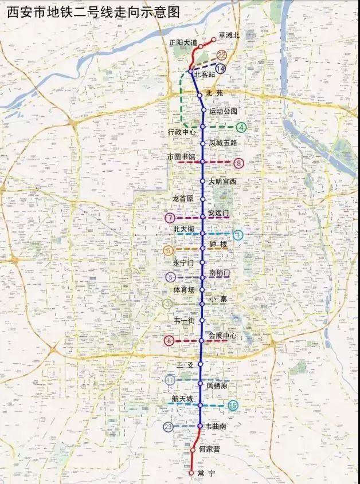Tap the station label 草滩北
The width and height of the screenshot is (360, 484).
click(x=229, y=35)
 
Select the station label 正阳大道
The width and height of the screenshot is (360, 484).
click(x=183, y=42)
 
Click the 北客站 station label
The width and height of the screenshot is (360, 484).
click(x=205, y=74)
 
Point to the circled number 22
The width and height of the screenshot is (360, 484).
click(x=222, y=56)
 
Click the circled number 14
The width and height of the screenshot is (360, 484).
click(x=221, y=69)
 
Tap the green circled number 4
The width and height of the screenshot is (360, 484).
click(x=241, y=127)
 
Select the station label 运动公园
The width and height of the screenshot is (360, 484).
click(x=223, y=111)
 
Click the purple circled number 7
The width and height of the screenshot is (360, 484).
click(x=170, y=218)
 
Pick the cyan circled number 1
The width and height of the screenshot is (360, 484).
click(x=238, y=234)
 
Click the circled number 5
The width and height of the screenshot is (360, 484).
click(x=170, y=277)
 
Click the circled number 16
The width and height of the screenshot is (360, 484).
click(x=233, y=406)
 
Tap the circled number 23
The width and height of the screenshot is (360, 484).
click(x=168, y=427)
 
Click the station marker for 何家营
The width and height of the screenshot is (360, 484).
click(x=193, y=450)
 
